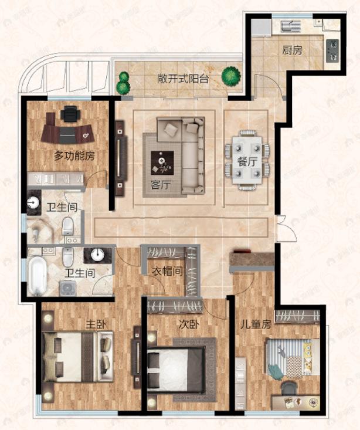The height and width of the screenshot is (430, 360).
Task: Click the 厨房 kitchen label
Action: click(x=293, y=51)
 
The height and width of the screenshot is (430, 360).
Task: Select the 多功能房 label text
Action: click(x=74, y=156)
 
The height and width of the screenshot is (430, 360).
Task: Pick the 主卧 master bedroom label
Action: click(x=96, y=323)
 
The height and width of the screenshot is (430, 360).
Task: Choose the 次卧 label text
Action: click(x=187, y=323)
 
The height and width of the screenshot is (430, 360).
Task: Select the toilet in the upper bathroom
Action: click(x=69, y=225)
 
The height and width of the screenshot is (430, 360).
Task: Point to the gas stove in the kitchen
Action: click(x=333, y=49)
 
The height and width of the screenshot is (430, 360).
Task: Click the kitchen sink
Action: click(x=291, y=26)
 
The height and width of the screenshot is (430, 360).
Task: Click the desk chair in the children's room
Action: click(x=288, y=388)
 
